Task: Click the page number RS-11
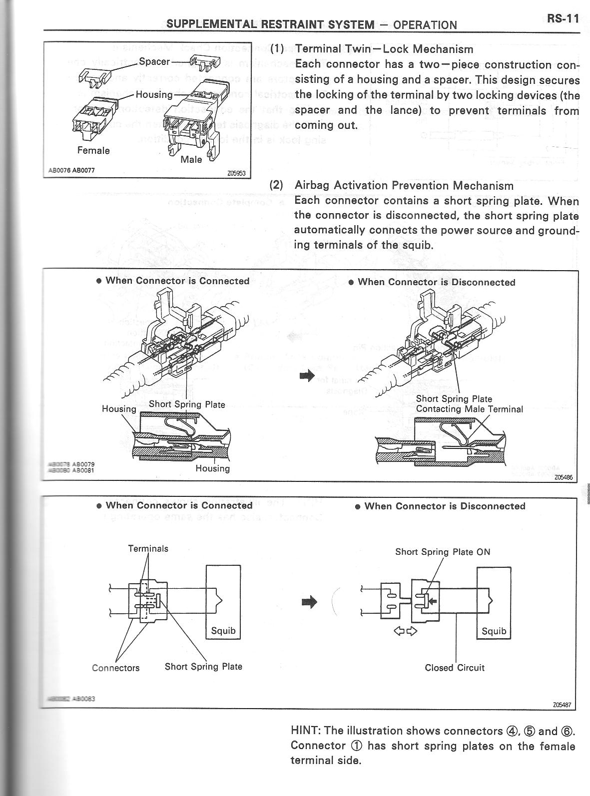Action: point(562,19)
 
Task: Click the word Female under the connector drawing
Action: point(93,150)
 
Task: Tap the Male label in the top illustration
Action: point(192,159)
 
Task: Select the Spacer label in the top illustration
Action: point(154,62)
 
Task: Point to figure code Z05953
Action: point(234,174)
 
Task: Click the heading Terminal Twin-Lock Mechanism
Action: point(384,49)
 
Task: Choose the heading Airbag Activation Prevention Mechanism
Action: point(404,186)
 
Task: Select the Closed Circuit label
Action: point(455,668)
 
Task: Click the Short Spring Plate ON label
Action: point(443,552)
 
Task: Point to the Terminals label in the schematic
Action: point(148,548)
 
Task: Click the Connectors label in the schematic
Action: point(116,668)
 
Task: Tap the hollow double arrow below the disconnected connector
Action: point(406,631)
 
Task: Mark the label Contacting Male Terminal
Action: point(469,409)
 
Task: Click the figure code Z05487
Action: point(562,705)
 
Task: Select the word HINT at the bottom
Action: point(305,731)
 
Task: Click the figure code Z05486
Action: point(563,477)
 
